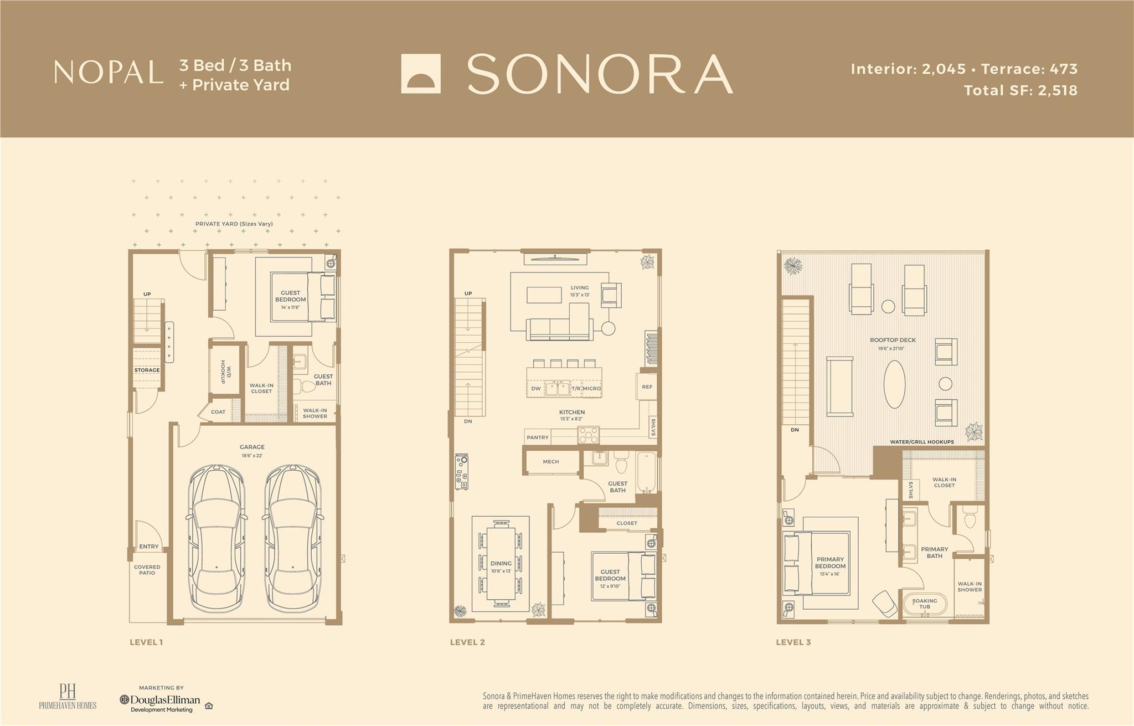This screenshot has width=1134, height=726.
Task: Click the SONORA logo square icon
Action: click(x=421, y=74)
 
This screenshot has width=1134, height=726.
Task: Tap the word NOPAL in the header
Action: click(x=109, y=73)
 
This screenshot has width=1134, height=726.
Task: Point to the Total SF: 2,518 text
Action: click(x=1020, y=90)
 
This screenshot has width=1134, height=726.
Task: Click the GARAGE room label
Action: click(x=252, y=447)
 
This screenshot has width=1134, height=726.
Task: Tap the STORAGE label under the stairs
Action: click(x=147, y=370)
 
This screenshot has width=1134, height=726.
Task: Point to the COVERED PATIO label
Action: click(x=147, y=570)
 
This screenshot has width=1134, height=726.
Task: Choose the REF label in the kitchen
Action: click(x=647, y=387)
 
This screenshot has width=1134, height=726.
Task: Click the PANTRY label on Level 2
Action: click(x=538, y=437)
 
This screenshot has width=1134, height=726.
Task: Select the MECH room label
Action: click(x=551, y=461)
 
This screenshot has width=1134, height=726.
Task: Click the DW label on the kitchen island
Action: click(x=536, y=389)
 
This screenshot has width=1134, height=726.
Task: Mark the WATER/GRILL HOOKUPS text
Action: click(x=922, y=442)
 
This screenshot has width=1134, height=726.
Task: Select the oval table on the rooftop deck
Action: click(x=895, y=384)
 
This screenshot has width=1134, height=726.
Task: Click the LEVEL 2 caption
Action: click(x=467, y=642)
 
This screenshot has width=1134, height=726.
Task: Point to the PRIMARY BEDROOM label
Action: click(x=830, y=563)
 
